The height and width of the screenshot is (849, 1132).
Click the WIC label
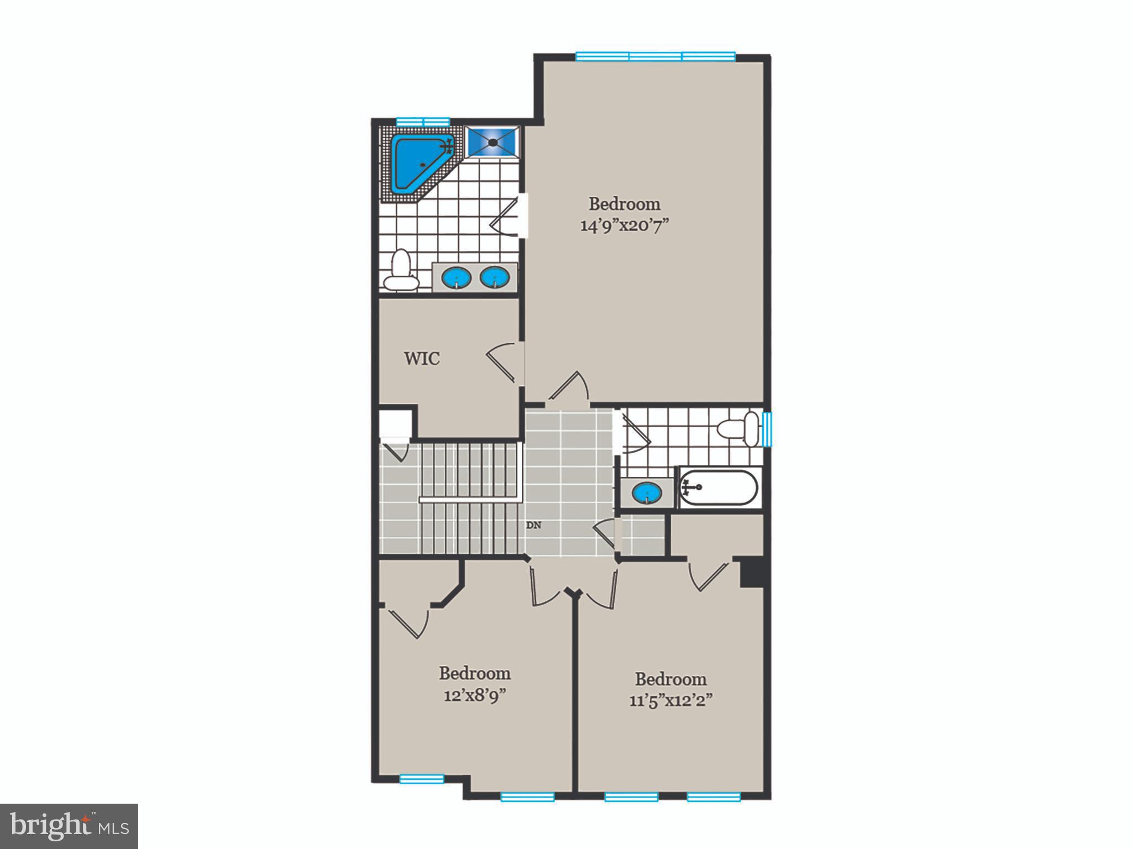422,359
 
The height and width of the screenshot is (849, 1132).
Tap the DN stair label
533,526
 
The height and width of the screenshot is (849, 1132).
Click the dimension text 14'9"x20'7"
625,226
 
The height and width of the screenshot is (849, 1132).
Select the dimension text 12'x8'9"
475,696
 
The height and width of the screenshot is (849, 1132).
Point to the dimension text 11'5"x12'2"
670,701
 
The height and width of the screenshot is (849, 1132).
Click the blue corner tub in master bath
417,164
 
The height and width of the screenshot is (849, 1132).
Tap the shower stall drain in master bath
492,142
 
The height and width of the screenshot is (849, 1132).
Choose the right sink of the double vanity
495,277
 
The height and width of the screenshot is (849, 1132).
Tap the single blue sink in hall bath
647,492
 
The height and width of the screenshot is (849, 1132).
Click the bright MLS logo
69,826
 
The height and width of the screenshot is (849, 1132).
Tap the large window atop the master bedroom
656,56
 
